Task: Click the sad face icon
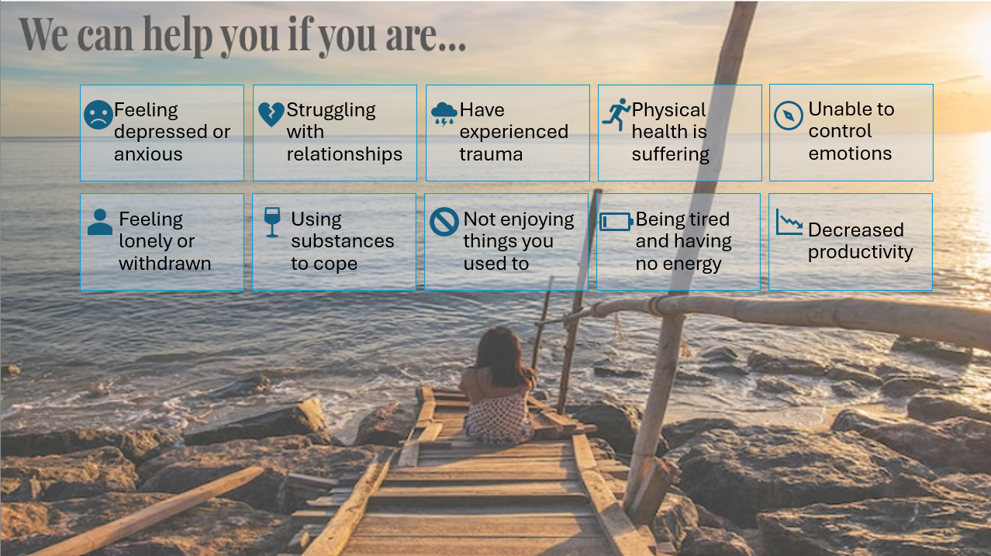(x=98, y=115)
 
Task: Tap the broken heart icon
(x=271, y=114)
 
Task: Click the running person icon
(x=616, y=115)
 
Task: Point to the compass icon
(x=789, y=116)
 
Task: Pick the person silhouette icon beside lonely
(x=100, y=222)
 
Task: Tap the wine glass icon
(x=272, y=222)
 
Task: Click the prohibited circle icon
(x=444, y=222)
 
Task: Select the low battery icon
(x=616, y=222)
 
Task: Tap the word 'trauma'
(x=491, y=154)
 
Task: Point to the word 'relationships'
(x=344, y=154)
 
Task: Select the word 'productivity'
(x=861, y=253)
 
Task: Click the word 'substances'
(x=343, y=241)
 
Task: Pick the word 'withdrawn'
(x=164, y=264)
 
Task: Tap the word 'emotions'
(x=850, y=154)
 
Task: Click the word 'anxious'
(x=148, y=154)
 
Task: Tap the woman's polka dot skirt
(x=499, y=420)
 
